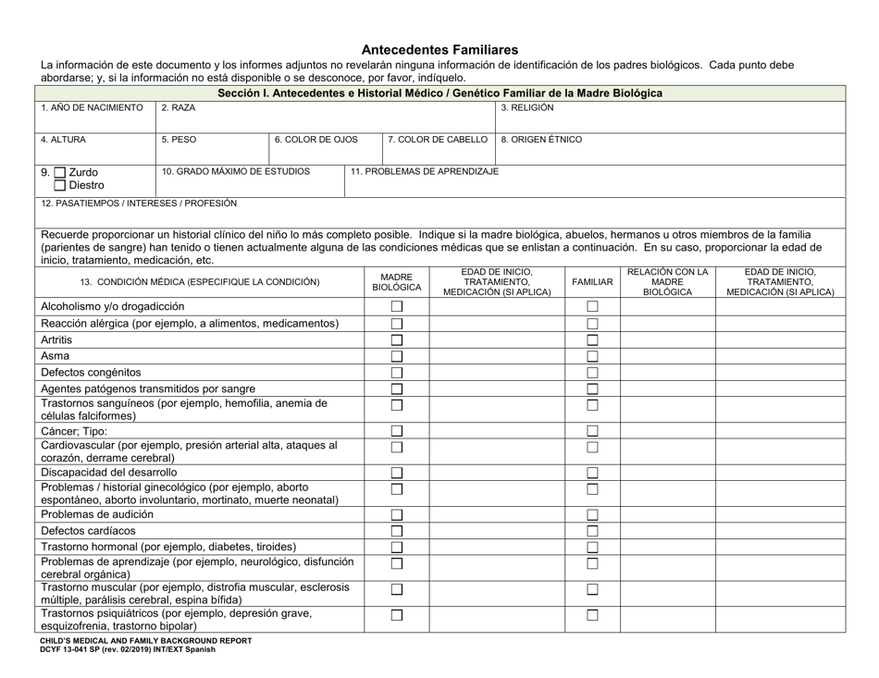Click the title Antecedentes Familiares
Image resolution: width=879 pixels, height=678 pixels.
point(439,49)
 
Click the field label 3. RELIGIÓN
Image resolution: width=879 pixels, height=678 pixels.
point(527,108)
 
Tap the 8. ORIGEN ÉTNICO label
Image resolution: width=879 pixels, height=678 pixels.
point(541,141)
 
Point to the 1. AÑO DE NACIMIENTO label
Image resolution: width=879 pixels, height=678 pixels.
point(92,108)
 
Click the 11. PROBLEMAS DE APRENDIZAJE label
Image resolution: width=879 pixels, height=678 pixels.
point(425,171)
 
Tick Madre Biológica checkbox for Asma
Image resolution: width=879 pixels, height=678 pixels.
point(396,356)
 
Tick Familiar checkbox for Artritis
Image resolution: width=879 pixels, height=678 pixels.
point(592,340)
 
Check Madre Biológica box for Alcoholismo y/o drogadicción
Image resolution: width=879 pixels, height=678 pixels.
point(396,307)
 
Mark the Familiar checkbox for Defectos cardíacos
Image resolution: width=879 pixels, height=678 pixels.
point(592,531)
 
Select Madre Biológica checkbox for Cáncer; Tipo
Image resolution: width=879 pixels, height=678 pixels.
point(396,431)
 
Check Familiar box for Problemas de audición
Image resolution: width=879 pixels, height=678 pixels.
point(592,515)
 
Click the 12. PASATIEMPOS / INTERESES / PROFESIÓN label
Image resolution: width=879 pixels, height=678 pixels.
point(139,203)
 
